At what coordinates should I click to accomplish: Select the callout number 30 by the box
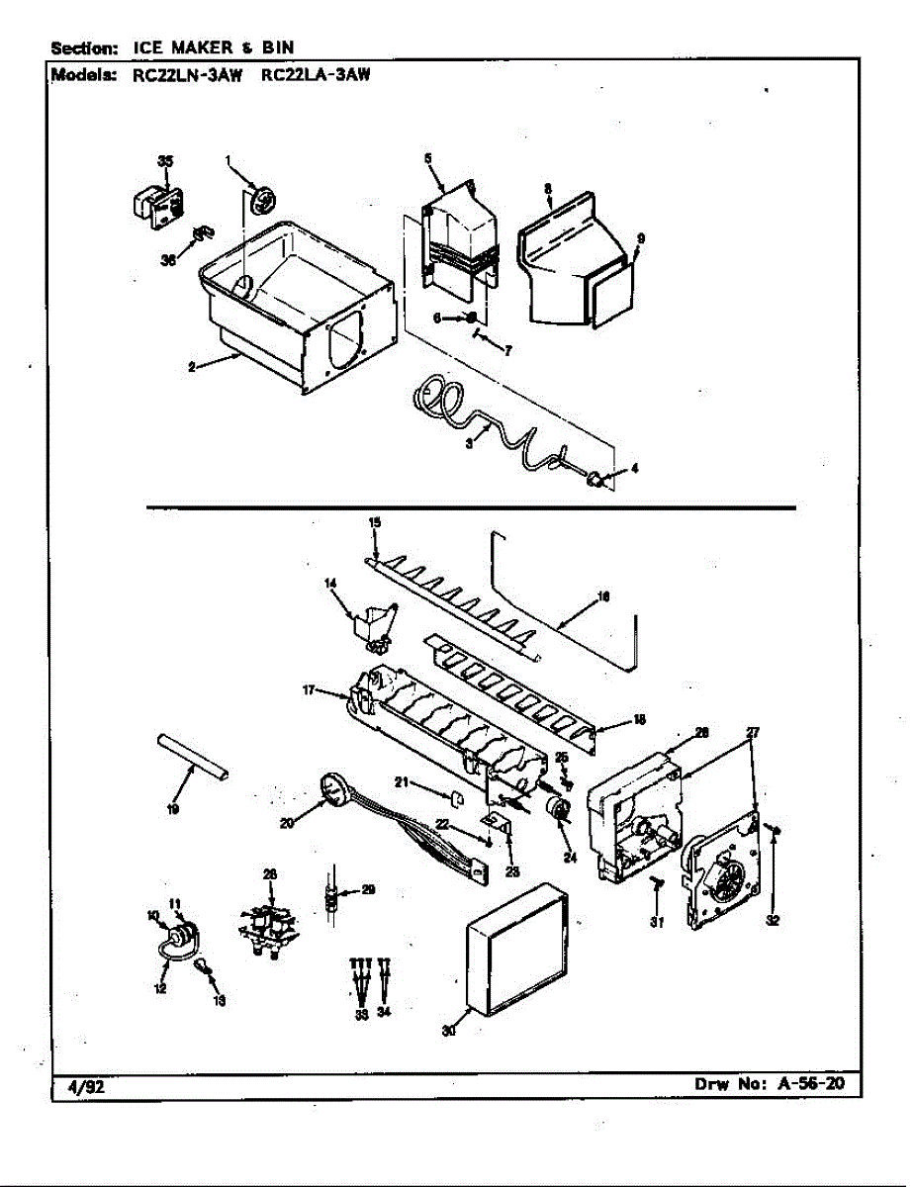pos(450,1030)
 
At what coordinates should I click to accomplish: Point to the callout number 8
pos(547,187)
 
